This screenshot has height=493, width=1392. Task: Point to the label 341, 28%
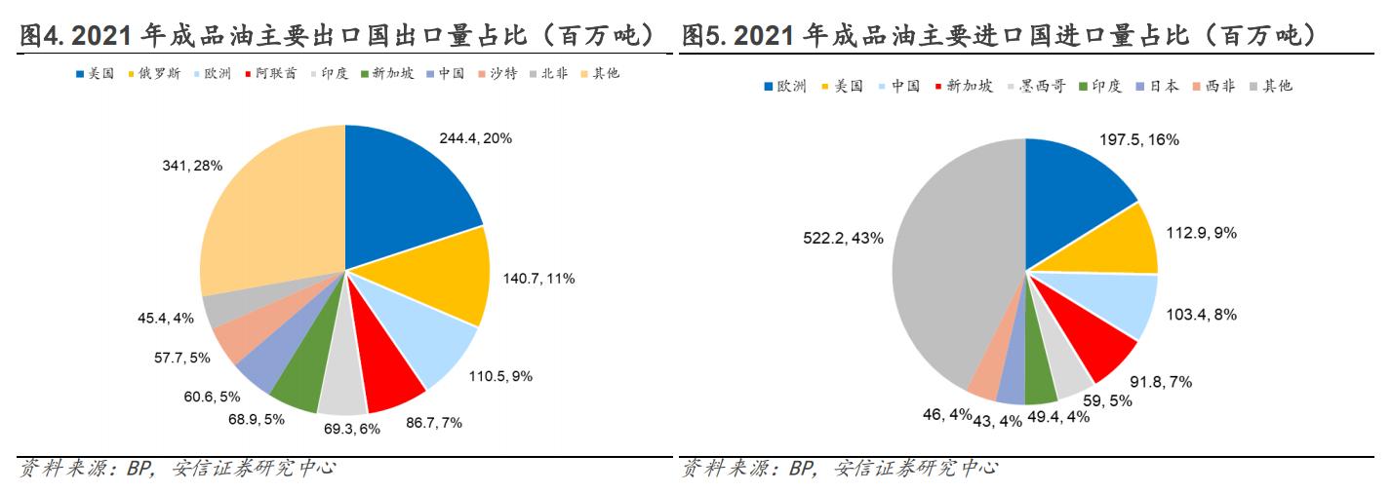(192, 166)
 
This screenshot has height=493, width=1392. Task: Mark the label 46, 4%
(945, 414)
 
